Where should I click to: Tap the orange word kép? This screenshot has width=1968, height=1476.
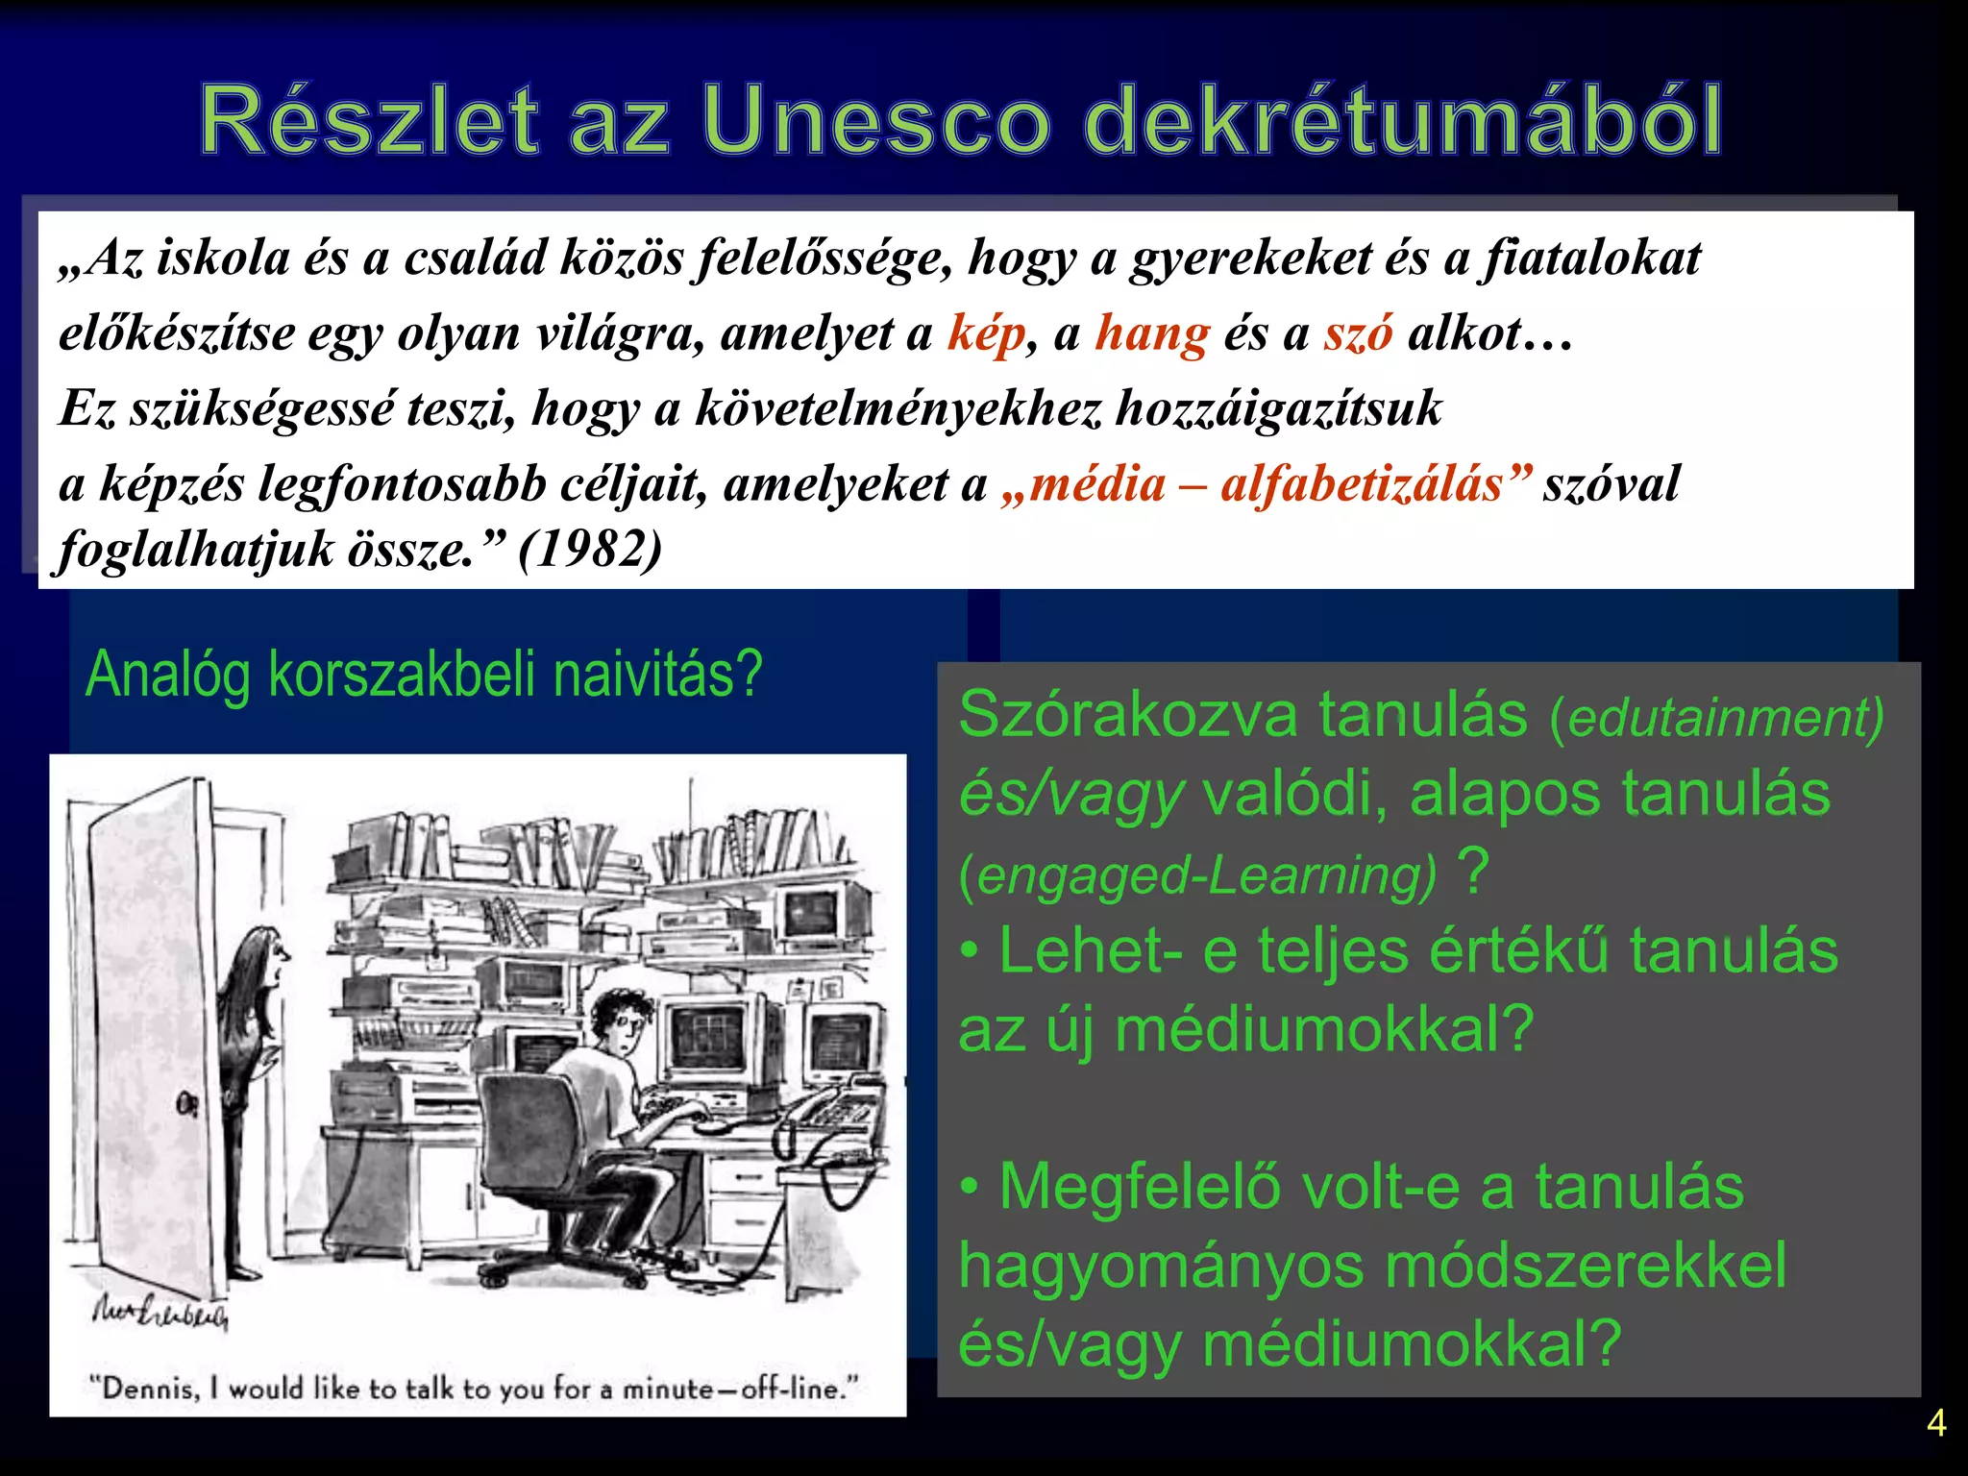tap(986, 333)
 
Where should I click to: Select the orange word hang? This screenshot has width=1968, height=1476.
tap(1151, 333)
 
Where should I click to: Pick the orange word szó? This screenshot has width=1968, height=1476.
tap(1358, 333)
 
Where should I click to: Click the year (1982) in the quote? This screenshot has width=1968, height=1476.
tap(589, 550)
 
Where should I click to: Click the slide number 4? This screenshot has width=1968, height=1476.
tap(1936, 1423)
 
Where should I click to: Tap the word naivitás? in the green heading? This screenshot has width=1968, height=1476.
tap(658, 674)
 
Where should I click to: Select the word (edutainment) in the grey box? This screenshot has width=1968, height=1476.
tap(1716, 718)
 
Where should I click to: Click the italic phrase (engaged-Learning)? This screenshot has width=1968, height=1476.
tap(1197, 875)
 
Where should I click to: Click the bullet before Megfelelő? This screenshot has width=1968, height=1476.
tap(970, 1188)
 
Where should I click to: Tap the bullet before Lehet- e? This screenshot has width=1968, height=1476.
tap(970, 951)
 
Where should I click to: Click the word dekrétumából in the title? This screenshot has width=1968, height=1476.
tap(1403, 121)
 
